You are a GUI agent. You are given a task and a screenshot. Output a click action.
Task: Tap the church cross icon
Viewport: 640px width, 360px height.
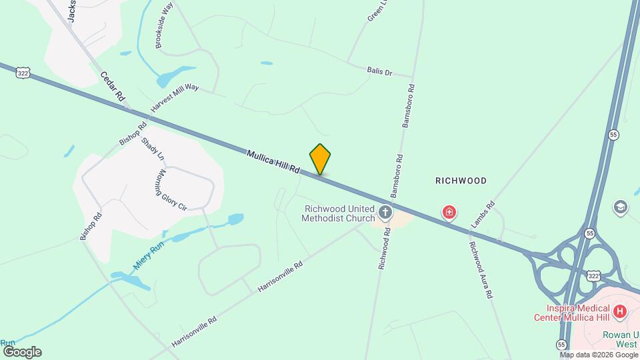(385, 213)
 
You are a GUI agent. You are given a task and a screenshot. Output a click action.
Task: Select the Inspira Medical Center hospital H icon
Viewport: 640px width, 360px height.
(620, 311)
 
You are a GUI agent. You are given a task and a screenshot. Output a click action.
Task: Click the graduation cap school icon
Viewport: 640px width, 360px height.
(621, 207)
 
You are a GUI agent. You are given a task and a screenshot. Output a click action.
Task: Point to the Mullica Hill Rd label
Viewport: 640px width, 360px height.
(273, 162)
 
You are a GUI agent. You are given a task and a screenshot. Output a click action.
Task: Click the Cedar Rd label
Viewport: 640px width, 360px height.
(113, 87)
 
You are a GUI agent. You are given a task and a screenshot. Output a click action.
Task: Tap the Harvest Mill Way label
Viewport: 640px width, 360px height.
(175, 97)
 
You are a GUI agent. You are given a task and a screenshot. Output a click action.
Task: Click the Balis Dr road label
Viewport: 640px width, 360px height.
(379, 70)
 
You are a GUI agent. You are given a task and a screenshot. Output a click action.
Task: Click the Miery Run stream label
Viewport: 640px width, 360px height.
(148, 256)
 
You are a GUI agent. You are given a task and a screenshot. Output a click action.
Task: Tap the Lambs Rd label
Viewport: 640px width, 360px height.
(483, 214)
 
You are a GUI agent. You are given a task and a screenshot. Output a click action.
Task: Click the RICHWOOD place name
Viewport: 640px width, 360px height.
(461, 181)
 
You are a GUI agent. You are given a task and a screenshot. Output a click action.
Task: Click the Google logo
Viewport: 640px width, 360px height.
(22, 352)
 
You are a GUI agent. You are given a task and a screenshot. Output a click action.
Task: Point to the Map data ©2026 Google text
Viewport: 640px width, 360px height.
(598, 354)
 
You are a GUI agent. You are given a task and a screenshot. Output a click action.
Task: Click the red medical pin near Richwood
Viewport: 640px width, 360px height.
(450, 213)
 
